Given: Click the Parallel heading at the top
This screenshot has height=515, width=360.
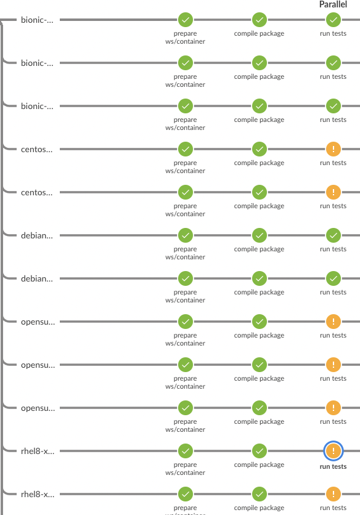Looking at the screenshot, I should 333,4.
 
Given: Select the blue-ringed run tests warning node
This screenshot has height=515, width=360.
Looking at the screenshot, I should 333,451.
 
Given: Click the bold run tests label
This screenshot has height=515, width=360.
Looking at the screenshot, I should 333,466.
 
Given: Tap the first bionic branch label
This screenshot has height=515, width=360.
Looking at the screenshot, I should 37,20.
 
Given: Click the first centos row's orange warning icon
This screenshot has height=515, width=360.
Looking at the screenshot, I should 333,149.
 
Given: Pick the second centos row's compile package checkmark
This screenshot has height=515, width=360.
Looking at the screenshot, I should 260,192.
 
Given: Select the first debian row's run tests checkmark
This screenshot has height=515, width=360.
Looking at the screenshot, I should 333,235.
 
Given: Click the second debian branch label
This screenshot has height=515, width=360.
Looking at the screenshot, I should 37,278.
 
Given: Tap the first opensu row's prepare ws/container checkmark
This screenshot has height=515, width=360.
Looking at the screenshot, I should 186,322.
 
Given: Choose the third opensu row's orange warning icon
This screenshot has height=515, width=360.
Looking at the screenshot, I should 333,408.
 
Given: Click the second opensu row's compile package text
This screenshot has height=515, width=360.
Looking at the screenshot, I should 259,379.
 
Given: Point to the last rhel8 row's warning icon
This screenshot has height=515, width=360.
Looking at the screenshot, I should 333,494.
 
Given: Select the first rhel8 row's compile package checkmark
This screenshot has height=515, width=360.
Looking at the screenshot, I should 260,451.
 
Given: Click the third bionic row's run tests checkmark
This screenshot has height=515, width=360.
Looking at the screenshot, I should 333,106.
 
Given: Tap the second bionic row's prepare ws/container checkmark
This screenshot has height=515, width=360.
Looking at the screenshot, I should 186,63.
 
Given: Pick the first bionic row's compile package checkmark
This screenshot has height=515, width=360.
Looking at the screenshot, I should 260,20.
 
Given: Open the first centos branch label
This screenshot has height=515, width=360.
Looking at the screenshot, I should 37,149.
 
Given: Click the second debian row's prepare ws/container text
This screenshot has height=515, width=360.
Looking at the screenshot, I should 185,296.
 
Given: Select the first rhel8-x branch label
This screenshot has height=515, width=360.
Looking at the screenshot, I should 38,451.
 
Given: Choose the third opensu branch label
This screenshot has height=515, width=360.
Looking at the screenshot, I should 38,408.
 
